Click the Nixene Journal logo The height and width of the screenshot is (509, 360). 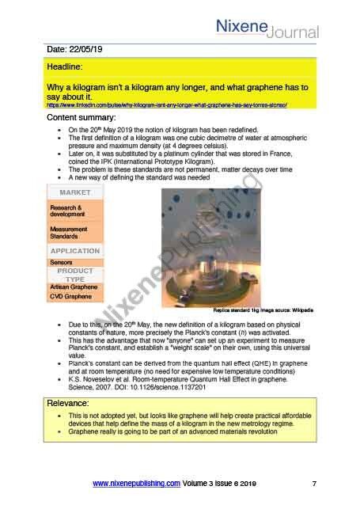pos(267,27)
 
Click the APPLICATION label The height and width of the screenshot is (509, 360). pos(74,251)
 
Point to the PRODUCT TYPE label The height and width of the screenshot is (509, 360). pos(74,275)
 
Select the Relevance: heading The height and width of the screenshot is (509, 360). pos(69,403)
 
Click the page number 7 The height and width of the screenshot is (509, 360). pos(314,483)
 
